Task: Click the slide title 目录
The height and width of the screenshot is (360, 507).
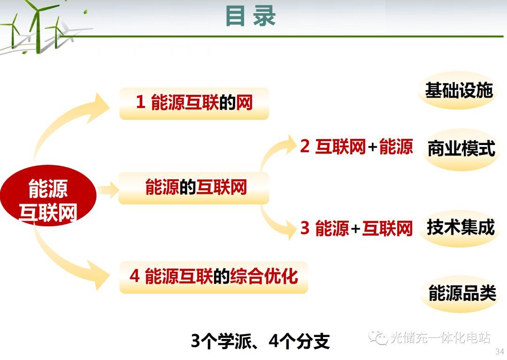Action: (x=250, y=15)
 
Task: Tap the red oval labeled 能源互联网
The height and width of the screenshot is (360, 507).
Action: (x=48, y=196)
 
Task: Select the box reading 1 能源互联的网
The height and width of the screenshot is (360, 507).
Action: (x=194, y=103)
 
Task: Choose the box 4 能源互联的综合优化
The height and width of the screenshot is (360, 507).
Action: (x=214, y=277)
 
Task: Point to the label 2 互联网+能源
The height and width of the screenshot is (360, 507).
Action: (x=356, y=146)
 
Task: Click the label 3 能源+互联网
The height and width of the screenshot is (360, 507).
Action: (x=356, y=228)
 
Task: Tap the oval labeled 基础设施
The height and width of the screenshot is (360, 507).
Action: (x=459, y=90)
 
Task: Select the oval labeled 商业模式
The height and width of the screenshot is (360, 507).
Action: (x=461, y=149)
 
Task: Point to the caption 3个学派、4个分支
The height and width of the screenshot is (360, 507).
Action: (x=260, y=341)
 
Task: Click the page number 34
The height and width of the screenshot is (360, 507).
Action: (x=499, y=351)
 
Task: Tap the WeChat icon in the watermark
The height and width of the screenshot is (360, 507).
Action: (x=378, y=337)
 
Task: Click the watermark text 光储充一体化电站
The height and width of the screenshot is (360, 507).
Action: (x=440, y=337)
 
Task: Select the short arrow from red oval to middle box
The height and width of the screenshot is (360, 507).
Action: (x=108, y=190)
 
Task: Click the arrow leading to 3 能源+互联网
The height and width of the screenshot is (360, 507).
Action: (x=275, y=225)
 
